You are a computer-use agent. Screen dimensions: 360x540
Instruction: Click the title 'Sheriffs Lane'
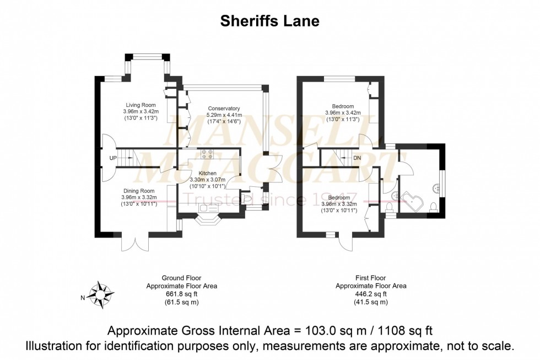[x=269, y=21]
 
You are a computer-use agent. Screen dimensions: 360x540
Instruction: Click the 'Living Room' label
[x=141, y=105]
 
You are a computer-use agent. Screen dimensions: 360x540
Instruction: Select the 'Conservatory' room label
[x=223, y=109]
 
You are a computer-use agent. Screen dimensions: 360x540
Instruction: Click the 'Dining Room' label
[x=139, y=191]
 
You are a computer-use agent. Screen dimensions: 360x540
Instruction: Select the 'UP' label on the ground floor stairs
[x=113, y=158]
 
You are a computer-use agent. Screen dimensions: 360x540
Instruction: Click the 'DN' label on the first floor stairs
[x=357, y=158]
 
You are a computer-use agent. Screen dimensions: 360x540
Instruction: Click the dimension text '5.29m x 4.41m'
[x=223, y=115]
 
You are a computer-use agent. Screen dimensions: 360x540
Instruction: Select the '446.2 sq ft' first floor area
[x=371, y=294]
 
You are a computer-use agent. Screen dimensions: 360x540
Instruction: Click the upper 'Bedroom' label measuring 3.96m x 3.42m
[x=343, y=106]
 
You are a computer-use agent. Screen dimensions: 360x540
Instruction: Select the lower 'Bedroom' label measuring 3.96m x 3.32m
[x=339, y=197]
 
